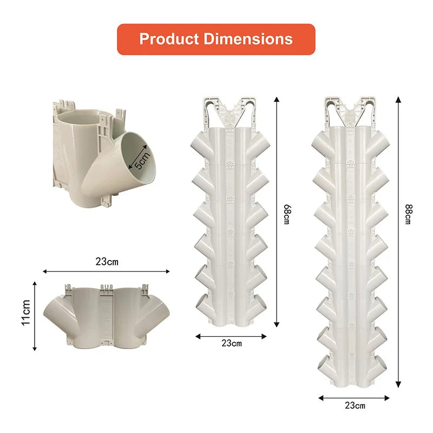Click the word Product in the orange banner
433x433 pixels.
click(169, 39)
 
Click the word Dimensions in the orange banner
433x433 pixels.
click(248, 39)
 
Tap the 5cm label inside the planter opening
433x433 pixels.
click(142, 160)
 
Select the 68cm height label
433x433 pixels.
click(287, 214)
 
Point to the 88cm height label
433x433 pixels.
click(409, 214)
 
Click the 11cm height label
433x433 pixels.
click(26, 313)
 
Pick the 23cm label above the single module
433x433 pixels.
click(107, 261)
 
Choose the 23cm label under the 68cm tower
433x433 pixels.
click(232, 343)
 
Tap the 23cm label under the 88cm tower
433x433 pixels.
click(355, 405)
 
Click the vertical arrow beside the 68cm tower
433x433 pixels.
click(277, 212)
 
